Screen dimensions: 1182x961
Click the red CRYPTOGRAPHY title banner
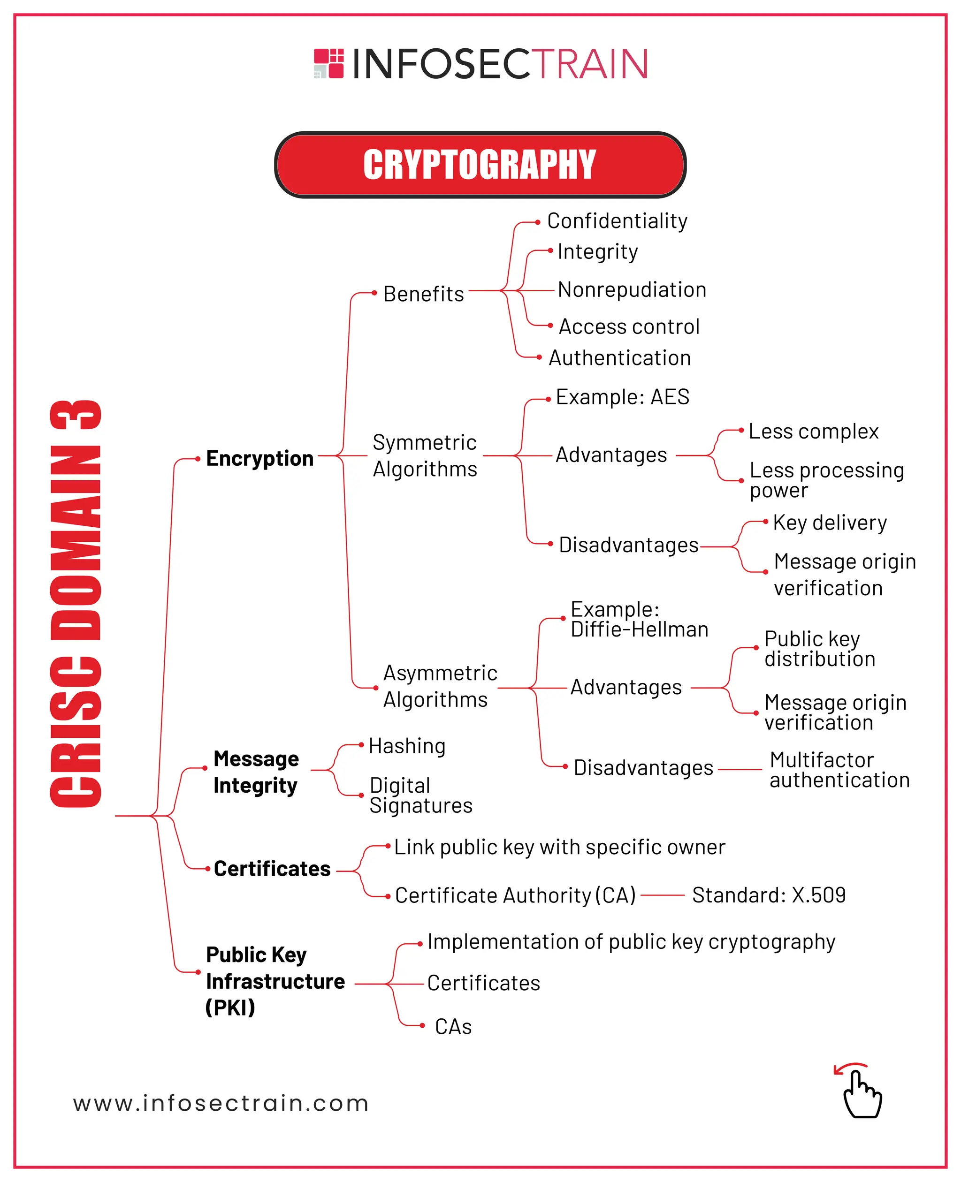point(480,165)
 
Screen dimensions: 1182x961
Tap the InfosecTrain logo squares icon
point(329,63)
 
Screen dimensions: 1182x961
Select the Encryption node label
point(259,458)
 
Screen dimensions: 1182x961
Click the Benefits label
point(423,294)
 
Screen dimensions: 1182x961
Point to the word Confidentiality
point(617,221)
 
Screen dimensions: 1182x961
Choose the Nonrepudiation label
point(632,289)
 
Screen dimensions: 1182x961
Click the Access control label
point(629,326)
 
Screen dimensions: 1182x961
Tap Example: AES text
point(622,397)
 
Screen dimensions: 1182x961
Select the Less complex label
point(813,431)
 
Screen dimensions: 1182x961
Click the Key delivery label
point(830,523)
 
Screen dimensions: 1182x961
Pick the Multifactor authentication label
point(839,770)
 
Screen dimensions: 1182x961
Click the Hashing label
point(407,746)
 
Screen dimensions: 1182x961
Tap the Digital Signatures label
point(421,795)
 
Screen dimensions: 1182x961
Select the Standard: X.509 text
point(768,895)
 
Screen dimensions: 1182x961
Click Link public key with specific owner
point(559,847)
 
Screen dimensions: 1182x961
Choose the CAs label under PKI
point(453,1026)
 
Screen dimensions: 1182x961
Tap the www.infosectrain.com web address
point(221,1103)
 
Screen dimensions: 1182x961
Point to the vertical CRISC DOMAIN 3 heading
point(76,603)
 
